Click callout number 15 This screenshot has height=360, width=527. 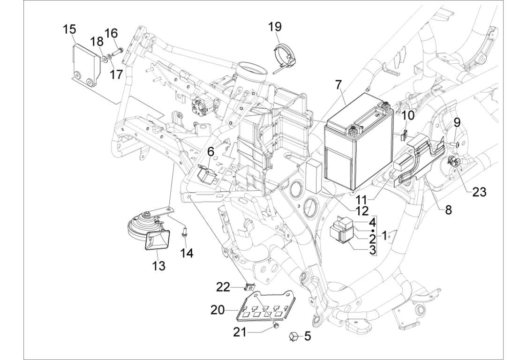click(69, 30)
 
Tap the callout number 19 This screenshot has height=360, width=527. click(275, 26)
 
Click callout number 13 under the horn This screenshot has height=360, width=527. click(159, 266)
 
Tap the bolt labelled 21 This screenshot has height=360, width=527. click(276, 324)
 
